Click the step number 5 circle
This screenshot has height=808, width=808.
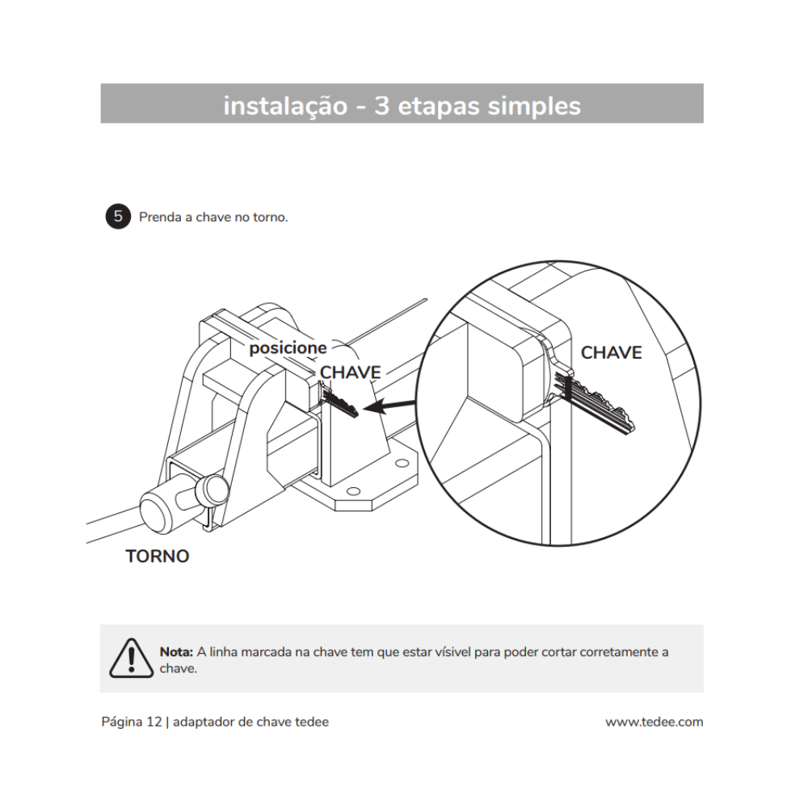[x=118, y=217]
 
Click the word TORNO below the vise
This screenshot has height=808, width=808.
[x=158, y=557]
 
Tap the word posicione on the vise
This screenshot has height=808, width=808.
[x=288, y=348]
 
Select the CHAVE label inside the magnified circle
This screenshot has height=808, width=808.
[x=611, y=353]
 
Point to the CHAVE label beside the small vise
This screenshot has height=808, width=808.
[x=351, y=372]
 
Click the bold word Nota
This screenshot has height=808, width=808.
[x=176, y=652]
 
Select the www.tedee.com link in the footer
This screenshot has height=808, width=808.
[x=654, y=722]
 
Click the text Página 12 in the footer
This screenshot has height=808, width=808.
[x=132, y=722]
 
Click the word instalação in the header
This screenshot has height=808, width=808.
[x=284, y=106]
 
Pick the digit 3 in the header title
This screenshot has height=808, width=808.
[x=381, y=106]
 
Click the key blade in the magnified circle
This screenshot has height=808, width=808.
[x=602, y=407]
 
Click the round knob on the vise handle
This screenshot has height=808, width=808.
[x=162, y=510]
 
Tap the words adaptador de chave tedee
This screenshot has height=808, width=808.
[x=250, y=722]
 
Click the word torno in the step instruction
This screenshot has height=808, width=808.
[x=270, y=217]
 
